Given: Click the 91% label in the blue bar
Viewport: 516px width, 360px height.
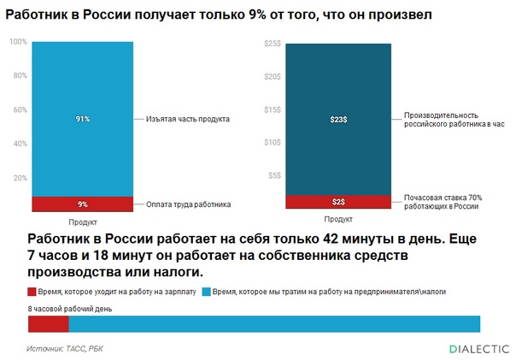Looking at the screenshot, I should point(82,119).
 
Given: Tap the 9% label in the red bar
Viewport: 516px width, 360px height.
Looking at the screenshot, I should point(82,204).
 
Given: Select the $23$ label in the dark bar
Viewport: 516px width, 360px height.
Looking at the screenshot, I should point(338,119).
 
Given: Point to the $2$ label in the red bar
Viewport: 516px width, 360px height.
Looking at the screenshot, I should point(338,202).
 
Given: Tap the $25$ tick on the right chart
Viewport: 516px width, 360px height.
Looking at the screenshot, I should point(273,43).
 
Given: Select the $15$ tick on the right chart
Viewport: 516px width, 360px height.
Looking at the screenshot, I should point(273,109).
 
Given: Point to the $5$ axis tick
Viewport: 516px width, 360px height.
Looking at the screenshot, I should point(274,175).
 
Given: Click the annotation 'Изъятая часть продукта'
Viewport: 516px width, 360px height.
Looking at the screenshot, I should point(182,119).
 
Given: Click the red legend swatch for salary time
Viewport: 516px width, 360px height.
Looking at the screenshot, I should point(32,292).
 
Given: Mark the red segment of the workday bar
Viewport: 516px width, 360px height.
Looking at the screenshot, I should point(48,324).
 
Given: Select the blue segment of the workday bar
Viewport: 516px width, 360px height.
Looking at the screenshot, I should point(273,324).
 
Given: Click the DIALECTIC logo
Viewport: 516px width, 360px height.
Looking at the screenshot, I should point(478,349).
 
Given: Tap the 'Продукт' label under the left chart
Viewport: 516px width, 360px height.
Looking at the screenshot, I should point(82,221).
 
